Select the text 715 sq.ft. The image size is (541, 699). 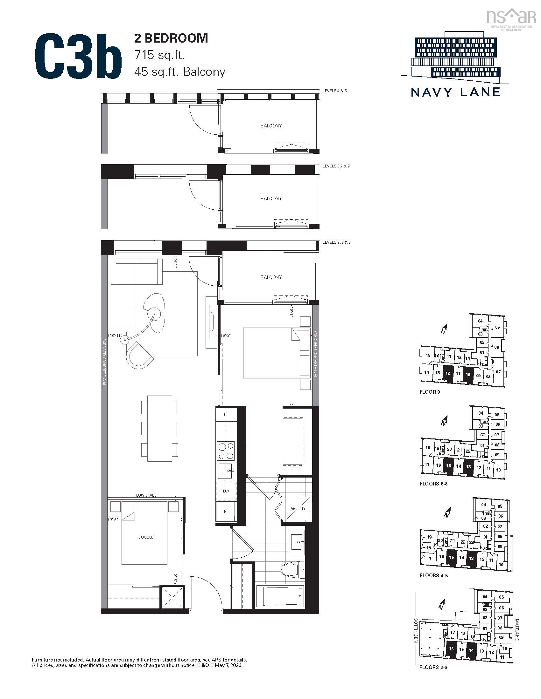click(160, 55)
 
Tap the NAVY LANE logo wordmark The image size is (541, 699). click(455, 92)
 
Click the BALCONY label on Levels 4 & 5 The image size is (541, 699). click(271, 126)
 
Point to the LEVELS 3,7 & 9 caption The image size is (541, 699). click(336, 166)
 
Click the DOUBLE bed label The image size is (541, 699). click(146, 537)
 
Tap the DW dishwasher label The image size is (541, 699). click(226, 491)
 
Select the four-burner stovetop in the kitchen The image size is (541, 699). click(226, 451)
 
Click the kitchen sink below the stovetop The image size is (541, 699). click(226, 471)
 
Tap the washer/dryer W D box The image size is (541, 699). click(298, 509)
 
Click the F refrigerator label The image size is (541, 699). click(225, 512)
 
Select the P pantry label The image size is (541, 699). click(225, 414)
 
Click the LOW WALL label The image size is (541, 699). click(146, 495)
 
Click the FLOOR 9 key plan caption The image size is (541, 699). click(430, 392)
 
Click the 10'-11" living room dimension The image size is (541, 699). click(116, 335)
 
